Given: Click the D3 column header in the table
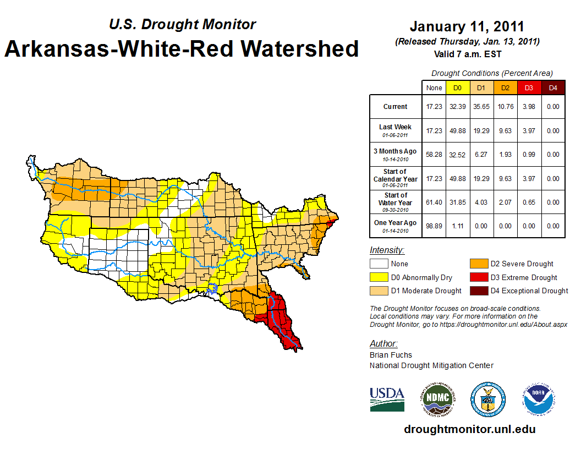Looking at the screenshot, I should tap(529, 87).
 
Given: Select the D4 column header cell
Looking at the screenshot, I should tap(553, 87).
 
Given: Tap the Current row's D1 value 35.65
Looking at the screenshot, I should tap(481, 107).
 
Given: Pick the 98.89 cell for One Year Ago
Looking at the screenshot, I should tap(434, 226).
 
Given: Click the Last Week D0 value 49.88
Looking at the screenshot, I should tap(458, 131).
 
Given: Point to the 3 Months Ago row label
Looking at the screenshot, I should tap(396, 154).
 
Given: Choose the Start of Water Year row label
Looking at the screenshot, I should tap(396, 202).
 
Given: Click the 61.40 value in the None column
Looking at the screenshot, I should tap(434, 202).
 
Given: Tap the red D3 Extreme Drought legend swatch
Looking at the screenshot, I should tap(478, 277).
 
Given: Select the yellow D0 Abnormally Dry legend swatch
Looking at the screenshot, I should tap(378, 277).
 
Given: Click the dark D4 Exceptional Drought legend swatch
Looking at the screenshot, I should tap(478, 291).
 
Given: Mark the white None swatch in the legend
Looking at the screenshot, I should tap(378, 264).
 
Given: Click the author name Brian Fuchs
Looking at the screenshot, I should tap(391, 355).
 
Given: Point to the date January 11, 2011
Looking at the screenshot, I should tap(467, 26).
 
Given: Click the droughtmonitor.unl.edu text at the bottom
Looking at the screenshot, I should tap(469, 429).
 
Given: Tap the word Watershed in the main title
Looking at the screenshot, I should tap(301, 48).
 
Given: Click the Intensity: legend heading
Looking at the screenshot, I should tap(387, 250).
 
